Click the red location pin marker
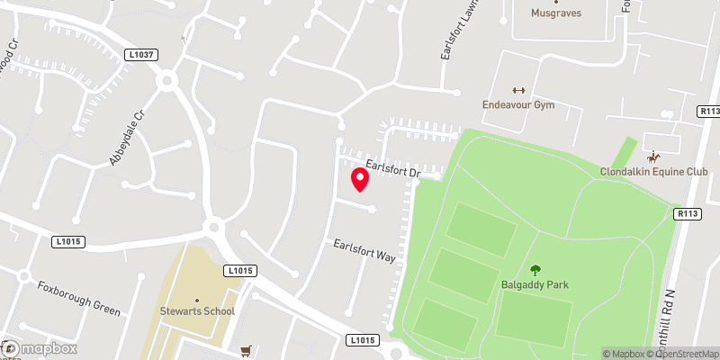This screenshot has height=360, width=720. pos(360,179)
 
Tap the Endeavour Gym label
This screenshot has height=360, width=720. pos(517,104)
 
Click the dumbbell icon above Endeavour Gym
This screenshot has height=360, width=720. pos(517,89)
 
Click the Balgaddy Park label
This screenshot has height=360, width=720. pos(535,284)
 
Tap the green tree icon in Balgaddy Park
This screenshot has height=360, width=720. pos(535,269)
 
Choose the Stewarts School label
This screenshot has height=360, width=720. pos(197,311)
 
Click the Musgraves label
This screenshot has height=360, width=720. pos(555,13)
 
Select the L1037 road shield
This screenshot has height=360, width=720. pos(143,55)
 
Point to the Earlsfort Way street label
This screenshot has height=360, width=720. pos(364,250)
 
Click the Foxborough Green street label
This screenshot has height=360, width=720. pos(78,298)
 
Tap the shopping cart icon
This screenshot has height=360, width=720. pos(245,351)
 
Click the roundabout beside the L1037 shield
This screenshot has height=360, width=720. pos(166,81)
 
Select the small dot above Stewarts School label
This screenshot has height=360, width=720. pos(197,300)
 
